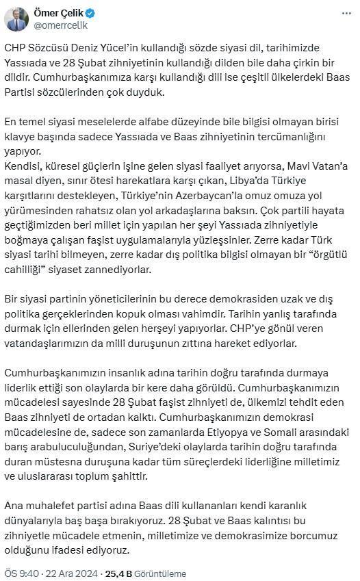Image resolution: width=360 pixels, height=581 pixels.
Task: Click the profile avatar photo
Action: (16, 19)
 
